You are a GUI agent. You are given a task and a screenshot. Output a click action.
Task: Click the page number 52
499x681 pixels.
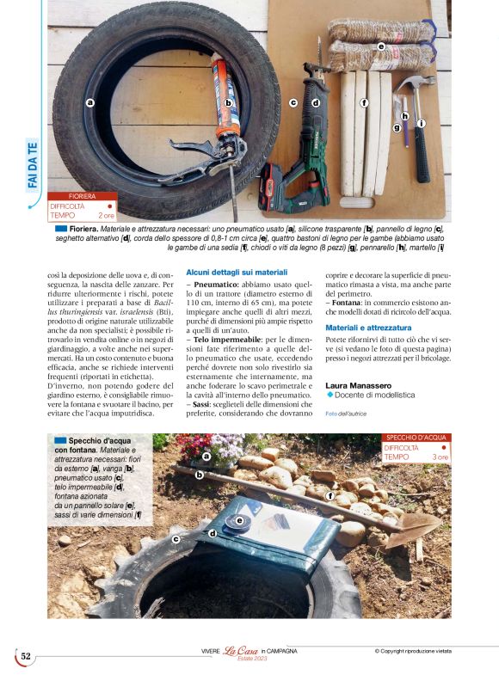point(26,656)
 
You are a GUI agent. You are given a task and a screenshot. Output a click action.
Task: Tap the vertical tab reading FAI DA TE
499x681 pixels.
point(33,163)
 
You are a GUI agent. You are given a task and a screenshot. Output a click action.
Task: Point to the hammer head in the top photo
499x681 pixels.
point(416,83)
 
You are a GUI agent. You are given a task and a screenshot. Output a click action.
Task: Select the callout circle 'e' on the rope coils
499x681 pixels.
point(380,46)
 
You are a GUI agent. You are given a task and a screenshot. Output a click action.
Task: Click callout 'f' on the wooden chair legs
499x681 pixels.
point(364,103)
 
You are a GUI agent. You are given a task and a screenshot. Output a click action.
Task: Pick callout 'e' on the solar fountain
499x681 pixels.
point(239,519)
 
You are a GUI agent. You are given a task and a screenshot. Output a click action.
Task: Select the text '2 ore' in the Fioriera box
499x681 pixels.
point(106,215)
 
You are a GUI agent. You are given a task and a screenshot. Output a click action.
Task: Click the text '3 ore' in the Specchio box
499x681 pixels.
point(440,457)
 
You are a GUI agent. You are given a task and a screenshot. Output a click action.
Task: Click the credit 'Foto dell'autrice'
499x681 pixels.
point(346,414)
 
